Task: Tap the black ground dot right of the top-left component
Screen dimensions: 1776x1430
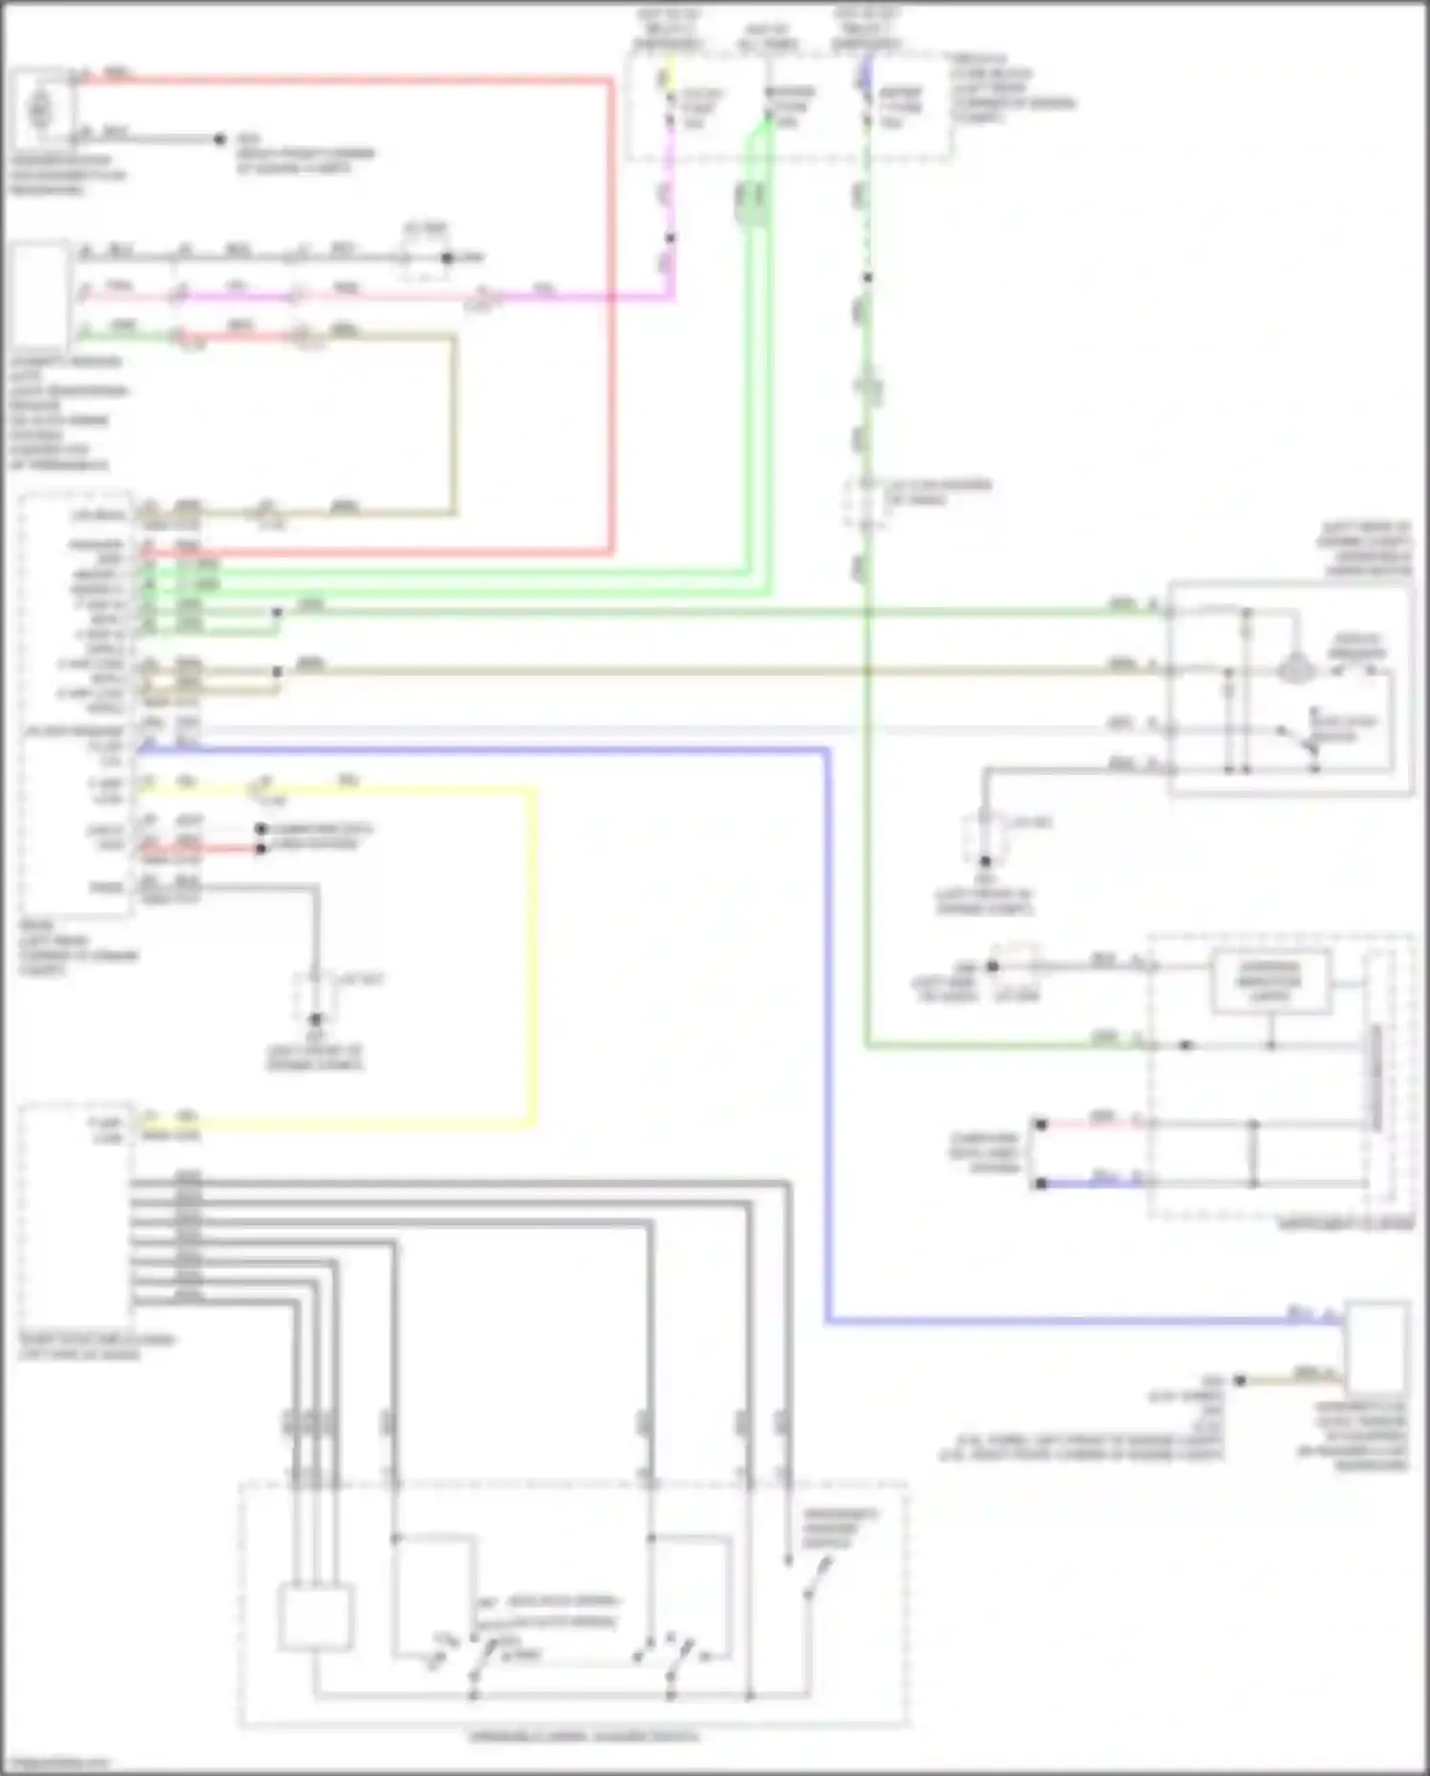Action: [x=219, y=139]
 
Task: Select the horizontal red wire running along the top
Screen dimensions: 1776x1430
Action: [x=343, y=80]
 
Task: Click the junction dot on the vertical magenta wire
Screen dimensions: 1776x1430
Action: [x=671, y=238]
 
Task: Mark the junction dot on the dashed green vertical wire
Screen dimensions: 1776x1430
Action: [x=867, y=278]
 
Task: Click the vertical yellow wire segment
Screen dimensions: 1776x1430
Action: [x=531, y=954]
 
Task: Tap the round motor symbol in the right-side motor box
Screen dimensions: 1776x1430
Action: [x=1295, y=668]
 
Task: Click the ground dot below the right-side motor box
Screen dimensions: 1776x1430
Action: [x=985, y=861]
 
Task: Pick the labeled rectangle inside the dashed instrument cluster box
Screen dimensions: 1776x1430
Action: [x=1270, y=981]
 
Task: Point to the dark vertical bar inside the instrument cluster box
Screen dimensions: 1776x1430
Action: [x=1377, y=1078]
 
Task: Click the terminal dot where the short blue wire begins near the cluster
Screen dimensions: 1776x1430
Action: [x=1041, y=1183]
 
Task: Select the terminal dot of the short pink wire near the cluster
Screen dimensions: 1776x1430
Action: [x=1041, y=1125]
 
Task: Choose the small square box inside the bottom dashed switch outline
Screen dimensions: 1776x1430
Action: [x=316, y=1617]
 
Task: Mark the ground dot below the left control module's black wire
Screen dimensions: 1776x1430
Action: [x=315, y=1019]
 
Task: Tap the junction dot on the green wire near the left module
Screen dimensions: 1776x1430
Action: [x=277, y=612]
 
